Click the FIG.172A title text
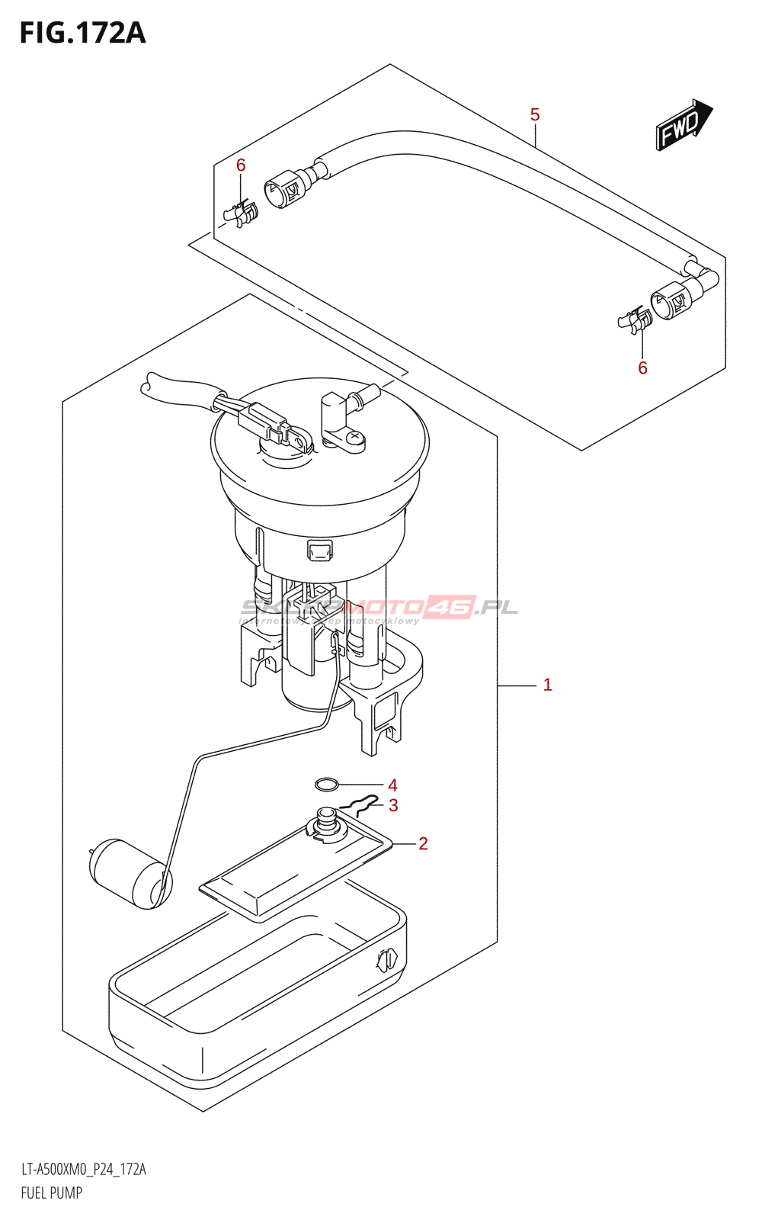(82, 34)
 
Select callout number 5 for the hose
(535, 115)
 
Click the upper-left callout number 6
(241, 165)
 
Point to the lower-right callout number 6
(642, 368)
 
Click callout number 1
(547, 685)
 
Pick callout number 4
(392, 785)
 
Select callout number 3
(393, 805)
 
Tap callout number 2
(423, 843)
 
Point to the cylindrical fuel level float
(130, 874)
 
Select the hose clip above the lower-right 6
(636, 320)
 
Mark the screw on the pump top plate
(354, 438)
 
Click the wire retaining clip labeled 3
(360, 804)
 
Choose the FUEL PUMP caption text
(52, 1193)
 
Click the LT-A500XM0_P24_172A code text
(84, 1170)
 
